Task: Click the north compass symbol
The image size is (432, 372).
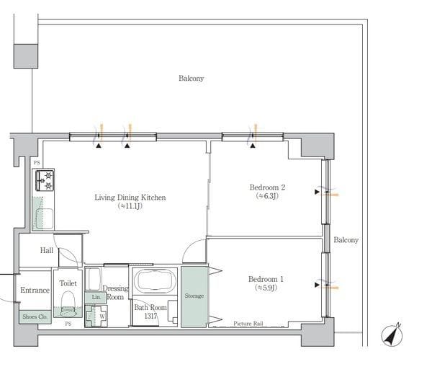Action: tap(392, 335)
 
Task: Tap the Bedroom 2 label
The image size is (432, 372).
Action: tap(267, 187)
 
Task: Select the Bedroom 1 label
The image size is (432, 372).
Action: tap(266, 279)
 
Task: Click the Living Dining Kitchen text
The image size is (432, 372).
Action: tap(130, 198)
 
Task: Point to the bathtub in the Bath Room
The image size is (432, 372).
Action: tap(154, 280)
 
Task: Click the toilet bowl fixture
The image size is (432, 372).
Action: tap(68, 304)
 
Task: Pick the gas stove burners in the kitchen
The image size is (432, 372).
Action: tap(45, 180)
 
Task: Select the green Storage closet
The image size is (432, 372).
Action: tap(194, 297)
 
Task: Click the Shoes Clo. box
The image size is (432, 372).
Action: tap(35, 317)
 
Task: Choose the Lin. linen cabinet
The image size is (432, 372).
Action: tap(96, 298)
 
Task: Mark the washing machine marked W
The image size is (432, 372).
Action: tap(96, 316)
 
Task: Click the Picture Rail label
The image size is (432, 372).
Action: tap(248, 324)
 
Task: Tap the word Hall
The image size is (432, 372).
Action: tap(47, 250)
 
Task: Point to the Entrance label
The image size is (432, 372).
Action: tap(35, 290)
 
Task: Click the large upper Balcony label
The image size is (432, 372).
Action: tap(191, 79)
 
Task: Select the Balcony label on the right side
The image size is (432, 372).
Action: tap(346, 240)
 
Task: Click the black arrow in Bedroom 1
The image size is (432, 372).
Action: tap(317, 285)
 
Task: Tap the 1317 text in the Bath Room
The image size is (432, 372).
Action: tap(150, 316)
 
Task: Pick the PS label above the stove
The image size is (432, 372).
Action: tap(37, 163)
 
